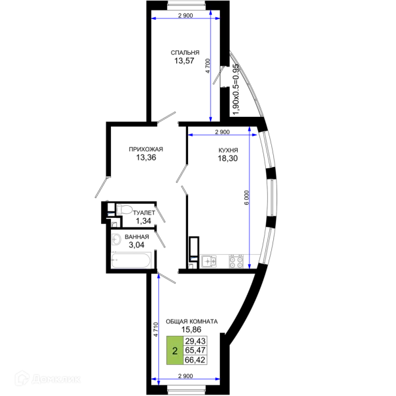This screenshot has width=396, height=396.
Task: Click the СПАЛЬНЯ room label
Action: (x=185, y=53)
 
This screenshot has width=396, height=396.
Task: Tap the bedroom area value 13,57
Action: (x=184, y=61)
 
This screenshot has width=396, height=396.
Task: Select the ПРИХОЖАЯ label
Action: (x=146, y=149)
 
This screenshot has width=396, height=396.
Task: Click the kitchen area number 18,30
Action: (x=228, y=158)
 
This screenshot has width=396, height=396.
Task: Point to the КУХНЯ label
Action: (x=228, y=150)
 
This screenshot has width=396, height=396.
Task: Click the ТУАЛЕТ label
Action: (x=144, y=213)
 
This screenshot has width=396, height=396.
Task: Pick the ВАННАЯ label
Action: (x=137, y=237)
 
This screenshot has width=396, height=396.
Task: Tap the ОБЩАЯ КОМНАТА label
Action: (x=191, y=321)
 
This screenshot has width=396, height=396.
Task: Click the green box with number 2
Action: (x=175, y=350)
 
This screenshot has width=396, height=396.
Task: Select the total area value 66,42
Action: (x=195, y=360)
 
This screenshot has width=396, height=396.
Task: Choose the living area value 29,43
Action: (x=195, y=341)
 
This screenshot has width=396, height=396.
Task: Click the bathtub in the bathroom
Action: (x=131, y=261)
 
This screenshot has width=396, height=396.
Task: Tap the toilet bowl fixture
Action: (x=124, y=210)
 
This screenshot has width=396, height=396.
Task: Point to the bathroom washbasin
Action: (x=116, y=239)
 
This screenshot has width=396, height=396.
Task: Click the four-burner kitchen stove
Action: (x=236, y=261)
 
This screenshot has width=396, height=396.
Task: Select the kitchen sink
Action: (x=209, y=261)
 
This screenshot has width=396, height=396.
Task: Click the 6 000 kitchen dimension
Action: (x=247, y=197)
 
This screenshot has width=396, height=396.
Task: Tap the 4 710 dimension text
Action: (x=156, y=329)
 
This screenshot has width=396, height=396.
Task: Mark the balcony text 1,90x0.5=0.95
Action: (x=236, y=89)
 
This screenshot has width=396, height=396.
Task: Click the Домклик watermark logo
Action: (x=48, y=379)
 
